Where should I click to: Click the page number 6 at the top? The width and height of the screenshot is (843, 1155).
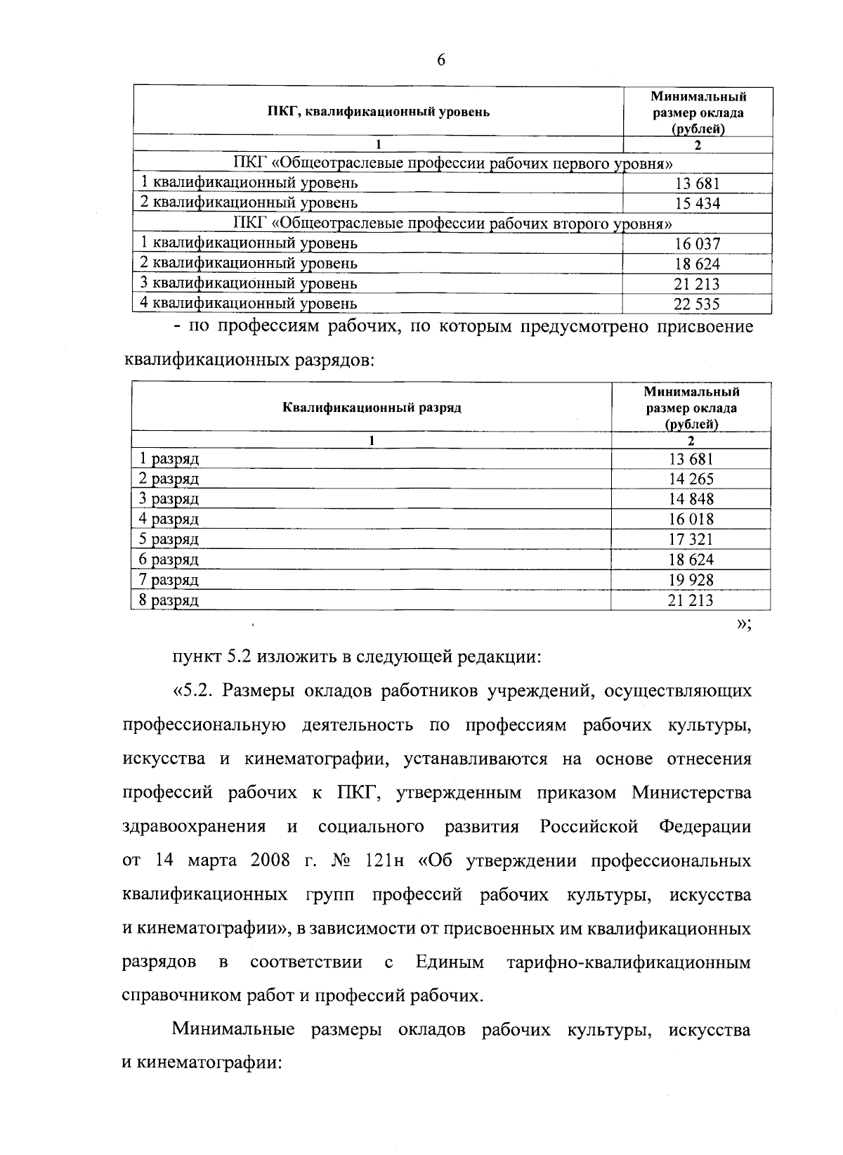point(440,60)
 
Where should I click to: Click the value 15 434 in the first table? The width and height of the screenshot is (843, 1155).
point(697,204)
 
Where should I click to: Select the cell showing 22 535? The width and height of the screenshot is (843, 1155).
point(697,304)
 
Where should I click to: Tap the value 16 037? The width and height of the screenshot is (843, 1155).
point(697,244)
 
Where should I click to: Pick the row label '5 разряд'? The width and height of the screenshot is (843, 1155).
point(169,539)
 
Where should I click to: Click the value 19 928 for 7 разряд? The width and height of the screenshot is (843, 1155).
point(691,580)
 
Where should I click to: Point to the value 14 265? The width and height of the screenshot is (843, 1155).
point(691,479)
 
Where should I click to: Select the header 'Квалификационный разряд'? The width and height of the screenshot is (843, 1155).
point(372,408)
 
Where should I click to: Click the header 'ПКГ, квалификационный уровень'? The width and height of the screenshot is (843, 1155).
point(379,112)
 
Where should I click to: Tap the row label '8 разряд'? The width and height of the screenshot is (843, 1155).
point(169,600)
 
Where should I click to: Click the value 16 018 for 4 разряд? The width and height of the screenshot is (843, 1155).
point(691,520)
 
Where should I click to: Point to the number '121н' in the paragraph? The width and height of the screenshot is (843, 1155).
point(382,861)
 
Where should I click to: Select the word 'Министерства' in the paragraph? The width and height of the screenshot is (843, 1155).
point(691,793)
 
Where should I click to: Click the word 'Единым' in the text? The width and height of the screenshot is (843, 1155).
point(450,962)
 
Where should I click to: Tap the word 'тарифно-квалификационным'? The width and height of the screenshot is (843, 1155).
point(629,962)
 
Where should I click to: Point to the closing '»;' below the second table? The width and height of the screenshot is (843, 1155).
point(743,625)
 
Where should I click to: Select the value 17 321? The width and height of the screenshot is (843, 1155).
point(691,540)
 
